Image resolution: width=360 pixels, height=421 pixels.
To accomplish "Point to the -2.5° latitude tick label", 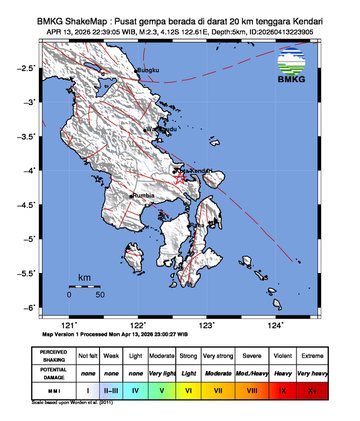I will [33, 67].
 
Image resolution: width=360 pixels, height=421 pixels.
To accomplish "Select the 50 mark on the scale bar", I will [100, 296].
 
